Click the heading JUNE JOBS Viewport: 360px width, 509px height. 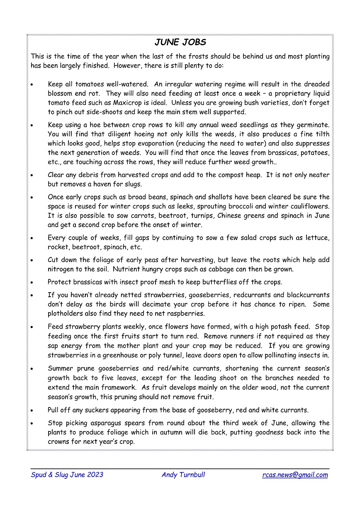pyautogui.click(x=180, y=43)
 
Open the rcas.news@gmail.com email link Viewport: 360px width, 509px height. pyautogui.click(x=295, y=475)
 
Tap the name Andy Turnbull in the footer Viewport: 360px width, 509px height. pyautogui.click(x=183, y=475)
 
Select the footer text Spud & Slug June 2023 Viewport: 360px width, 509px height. pyautogui.click(x=67, y=475)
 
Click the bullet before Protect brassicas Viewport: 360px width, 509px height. pyautogui.click(x=32, y=282)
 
